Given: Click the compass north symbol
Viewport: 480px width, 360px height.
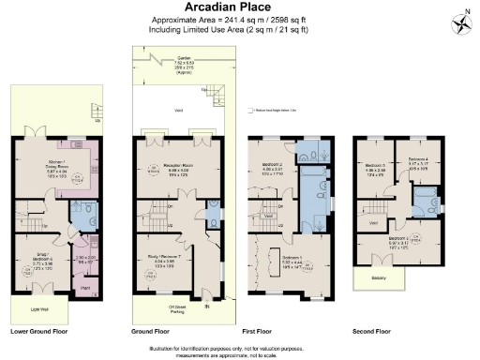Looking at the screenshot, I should [462, 21].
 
